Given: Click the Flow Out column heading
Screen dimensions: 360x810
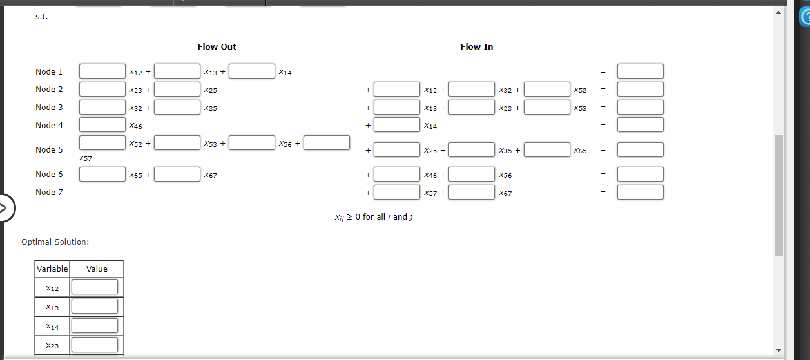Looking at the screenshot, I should pyautogui.click(x=217, y=46).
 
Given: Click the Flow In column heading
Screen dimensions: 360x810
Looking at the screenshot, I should pyautogui.click(x=476, y=46).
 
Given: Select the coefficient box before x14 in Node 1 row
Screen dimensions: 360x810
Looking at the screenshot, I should pyautogui.click(x=252, y=71).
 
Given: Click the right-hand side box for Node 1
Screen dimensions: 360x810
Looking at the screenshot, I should pyautogui.click(x=640, y=71).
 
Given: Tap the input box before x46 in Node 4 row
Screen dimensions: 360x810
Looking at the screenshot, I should pyautogui.click(x=102, y=124).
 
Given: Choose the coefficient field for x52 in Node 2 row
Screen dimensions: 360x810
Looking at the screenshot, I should pyautogui.click(x=547, y=89).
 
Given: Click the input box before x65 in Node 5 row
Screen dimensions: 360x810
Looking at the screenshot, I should pyautogui.click(x=547, y=150).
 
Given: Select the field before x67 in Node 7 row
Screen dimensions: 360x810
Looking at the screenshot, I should pyautogui.click(x=472, y=192).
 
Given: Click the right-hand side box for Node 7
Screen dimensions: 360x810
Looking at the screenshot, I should pyautogui.click(x=640, y=192).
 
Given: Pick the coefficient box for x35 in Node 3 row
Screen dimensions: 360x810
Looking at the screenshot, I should pyautogui.click(x=177, y=107).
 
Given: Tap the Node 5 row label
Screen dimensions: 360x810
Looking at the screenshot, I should pyautogui.click(x=49, y=150).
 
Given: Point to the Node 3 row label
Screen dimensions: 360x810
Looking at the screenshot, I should pyautogui.click(x=49, y=107).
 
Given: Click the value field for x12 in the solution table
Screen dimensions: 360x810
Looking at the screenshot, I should pyautogui.click(x=95, y=287).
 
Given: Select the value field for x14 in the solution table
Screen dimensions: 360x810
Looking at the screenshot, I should pyautogui.click(x=95, y=326).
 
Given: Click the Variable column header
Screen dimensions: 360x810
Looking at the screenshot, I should pyautogui.click(x=52, y=269).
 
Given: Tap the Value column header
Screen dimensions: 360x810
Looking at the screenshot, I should pyautogui.click(x=97, y=269).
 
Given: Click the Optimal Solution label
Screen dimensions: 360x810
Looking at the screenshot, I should pyautogui.click(x=55, y=242).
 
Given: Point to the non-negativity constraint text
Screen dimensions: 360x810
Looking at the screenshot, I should pyautogui.click(x=373, y=217).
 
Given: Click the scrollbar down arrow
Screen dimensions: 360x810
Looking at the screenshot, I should pyautogui.click(x=778, y=350).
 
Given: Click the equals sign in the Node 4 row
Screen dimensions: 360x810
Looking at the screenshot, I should pyautogui.click(x=603, y=125).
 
